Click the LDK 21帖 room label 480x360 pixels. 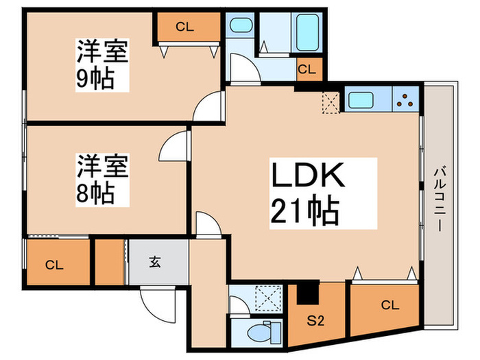tap(308, 193)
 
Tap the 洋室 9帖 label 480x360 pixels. tap(102, 64)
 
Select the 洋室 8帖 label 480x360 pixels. tap(102, 180)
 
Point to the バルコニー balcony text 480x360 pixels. tap(440, 199)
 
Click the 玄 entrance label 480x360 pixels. tap(155, 262)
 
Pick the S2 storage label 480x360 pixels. tap(315, 321)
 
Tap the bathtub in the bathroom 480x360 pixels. tap(307, 32)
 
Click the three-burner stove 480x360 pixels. tap(405, 99)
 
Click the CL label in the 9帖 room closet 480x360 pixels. tap(184, 27)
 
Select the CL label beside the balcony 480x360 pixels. tap(390, 305)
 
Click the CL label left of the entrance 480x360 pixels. tap(54, 265)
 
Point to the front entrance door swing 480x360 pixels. tap(158, 305)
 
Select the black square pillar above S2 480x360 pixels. tap(308, 293)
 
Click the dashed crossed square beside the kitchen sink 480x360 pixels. tap(331, 103)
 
